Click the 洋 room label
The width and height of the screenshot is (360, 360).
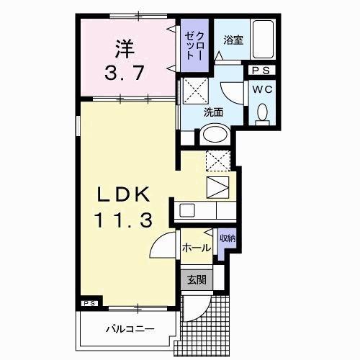coord(125,50)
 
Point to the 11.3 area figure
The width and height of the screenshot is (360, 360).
coord(123,219)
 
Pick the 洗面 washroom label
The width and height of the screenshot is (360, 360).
coord(212,112)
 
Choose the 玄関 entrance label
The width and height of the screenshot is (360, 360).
coord(196,280)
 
